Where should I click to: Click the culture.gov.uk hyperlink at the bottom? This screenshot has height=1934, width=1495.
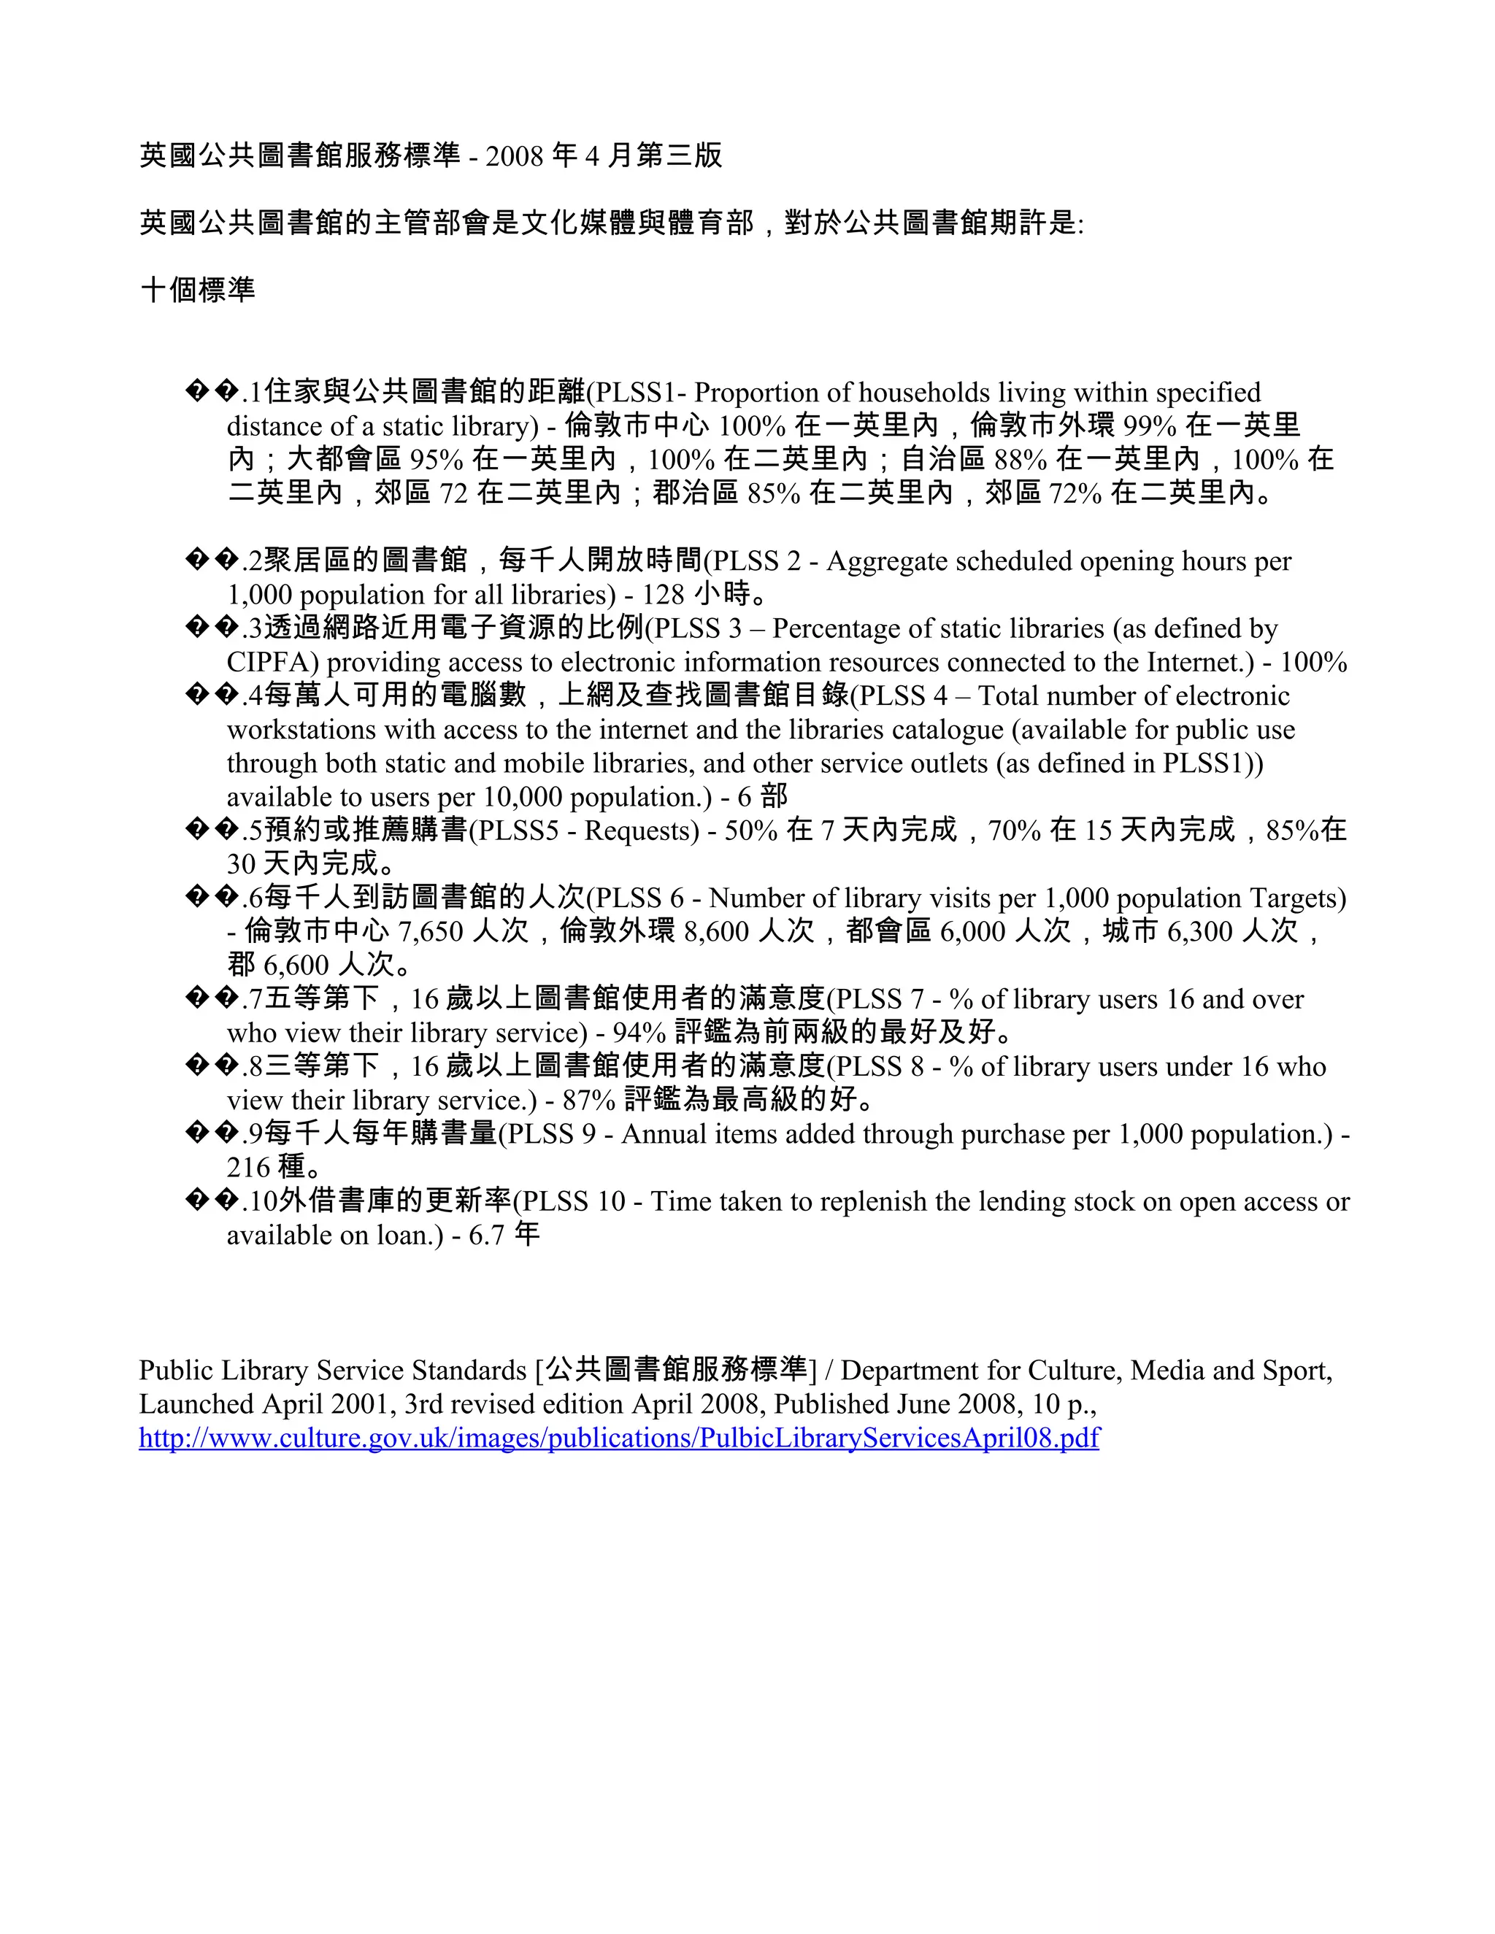(x=618, y=1437)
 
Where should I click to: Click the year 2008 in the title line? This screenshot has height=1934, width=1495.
(x=514, y=156)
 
